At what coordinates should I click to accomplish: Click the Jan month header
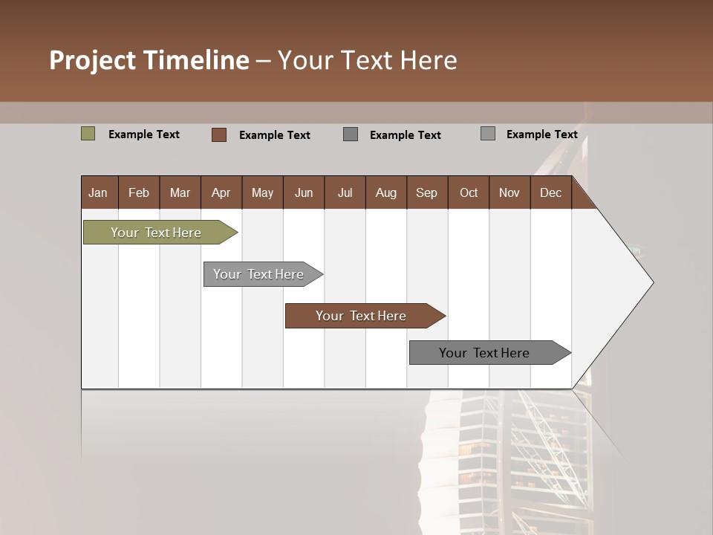99,192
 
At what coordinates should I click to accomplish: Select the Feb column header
139,192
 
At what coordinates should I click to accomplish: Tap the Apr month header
221,192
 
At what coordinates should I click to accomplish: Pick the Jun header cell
304,192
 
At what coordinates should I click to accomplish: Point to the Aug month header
386,192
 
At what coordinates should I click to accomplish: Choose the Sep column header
427,192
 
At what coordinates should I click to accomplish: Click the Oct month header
469,192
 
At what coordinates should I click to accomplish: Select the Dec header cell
551,192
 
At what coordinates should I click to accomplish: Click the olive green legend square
88,134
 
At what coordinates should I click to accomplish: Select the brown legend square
219,134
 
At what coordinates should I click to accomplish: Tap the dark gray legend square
351,134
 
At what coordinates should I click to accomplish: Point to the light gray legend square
488,134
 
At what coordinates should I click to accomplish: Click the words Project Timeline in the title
149,60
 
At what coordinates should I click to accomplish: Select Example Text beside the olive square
144,134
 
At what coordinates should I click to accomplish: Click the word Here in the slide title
429,60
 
